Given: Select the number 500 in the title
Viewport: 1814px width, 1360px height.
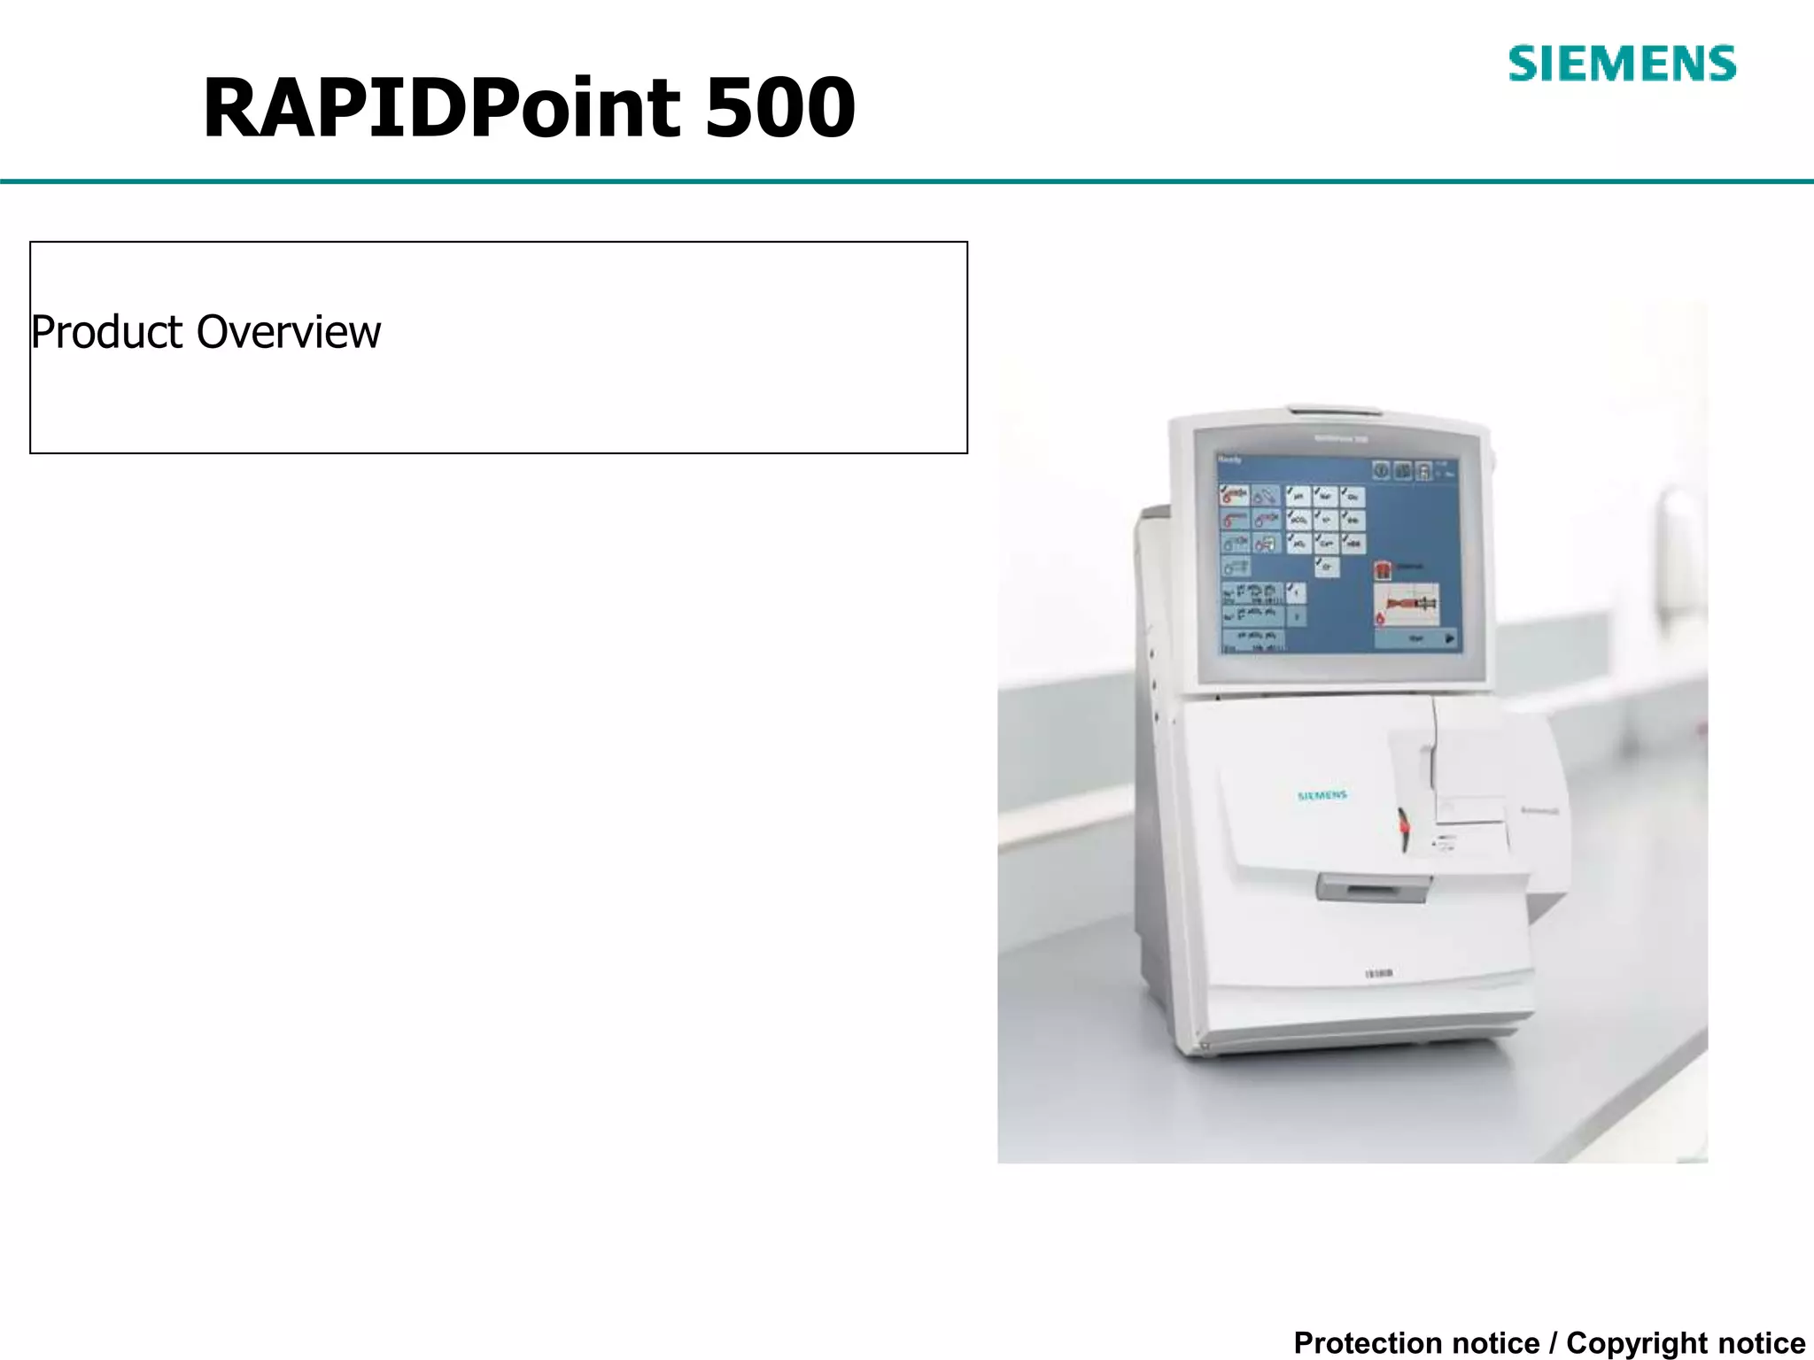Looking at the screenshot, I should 779,108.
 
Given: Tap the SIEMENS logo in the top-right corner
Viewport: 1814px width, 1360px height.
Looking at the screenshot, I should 1622,64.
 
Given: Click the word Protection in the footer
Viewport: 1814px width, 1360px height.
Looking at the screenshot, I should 1416,1342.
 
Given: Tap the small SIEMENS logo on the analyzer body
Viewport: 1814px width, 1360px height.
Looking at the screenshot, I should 1322,796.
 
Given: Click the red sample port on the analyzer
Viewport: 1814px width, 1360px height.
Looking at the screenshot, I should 1404,825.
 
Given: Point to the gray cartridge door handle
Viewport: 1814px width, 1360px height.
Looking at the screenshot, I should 1372,886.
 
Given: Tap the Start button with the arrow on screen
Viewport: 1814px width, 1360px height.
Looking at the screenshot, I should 1417,637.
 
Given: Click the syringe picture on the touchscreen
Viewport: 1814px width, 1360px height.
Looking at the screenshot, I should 1407,604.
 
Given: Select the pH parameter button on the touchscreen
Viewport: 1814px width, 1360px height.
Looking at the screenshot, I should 1298,497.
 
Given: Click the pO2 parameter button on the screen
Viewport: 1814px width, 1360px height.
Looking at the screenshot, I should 1298,543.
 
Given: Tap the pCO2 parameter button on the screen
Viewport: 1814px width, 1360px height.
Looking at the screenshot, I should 1298,520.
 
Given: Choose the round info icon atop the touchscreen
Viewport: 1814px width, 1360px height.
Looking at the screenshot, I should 1381,471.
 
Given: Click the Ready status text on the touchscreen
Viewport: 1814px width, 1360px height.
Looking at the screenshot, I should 1230,460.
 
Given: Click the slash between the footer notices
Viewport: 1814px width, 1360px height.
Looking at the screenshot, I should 1553,1342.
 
